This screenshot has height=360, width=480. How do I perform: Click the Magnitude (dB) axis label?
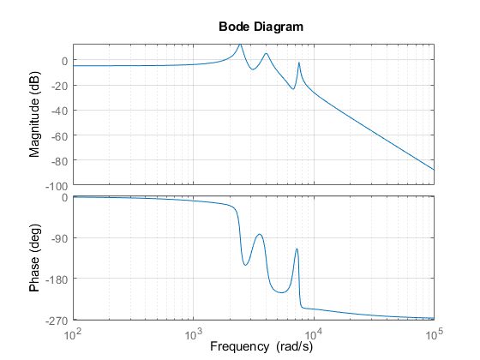35,114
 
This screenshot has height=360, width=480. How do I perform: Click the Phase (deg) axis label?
35,258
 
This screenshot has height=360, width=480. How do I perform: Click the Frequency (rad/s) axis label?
253,348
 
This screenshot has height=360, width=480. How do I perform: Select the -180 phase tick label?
55,279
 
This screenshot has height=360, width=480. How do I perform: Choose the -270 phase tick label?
55,320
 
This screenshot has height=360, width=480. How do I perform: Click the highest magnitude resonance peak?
240,45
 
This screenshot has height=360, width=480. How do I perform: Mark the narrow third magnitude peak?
298,63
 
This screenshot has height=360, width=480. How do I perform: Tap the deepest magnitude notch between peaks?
293,88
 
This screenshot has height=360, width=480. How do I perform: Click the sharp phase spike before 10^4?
297,249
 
